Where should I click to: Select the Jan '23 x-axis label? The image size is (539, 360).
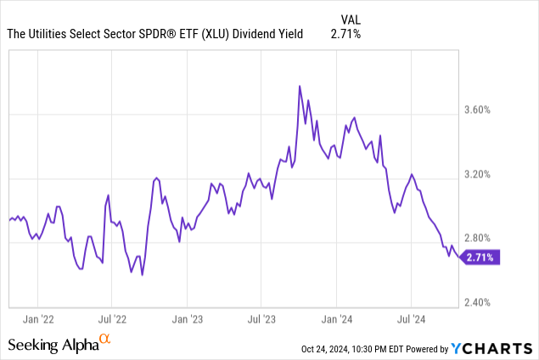187,320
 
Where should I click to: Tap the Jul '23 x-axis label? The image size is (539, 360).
262,320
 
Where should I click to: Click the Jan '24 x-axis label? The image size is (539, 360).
337,320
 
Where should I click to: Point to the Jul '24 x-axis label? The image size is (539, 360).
412,320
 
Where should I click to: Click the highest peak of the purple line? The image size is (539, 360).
300,86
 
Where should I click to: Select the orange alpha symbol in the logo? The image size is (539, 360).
106,340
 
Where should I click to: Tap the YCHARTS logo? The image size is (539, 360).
491,347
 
